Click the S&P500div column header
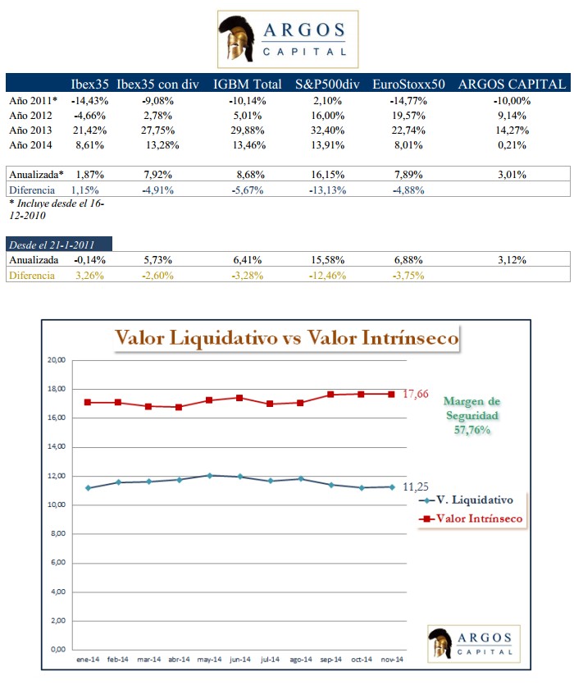[328, 84]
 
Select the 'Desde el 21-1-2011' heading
[51, 244]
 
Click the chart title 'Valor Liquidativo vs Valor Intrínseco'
[287, 338]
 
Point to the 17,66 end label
[416, 394]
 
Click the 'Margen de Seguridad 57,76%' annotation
[471, 416]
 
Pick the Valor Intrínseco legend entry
[471, 518]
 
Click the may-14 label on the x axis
[210, 660]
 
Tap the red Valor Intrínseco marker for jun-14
[239, 398]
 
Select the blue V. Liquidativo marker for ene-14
[88, 488]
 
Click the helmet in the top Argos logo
[237, 39]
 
